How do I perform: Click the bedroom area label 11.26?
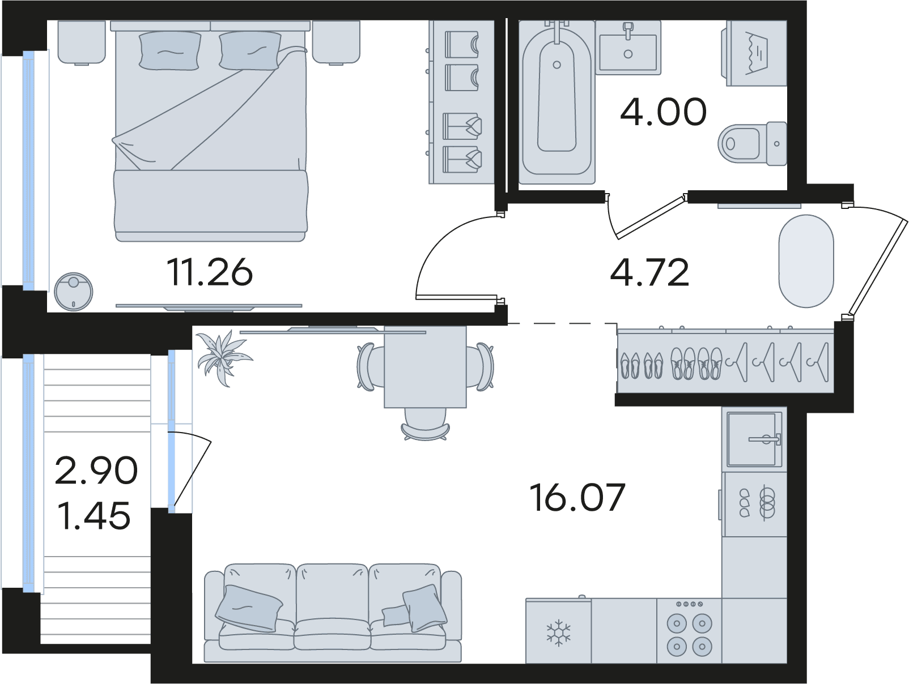pos(209,272)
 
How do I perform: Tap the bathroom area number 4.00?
pos(663,112)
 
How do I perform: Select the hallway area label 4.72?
pos(650,272)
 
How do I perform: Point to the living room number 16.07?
pos(577,498)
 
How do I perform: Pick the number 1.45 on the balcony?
pos(94,515)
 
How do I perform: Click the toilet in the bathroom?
pos(752,144)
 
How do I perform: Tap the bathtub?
pos(557,102)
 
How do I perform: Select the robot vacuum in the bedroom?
pos(73,292)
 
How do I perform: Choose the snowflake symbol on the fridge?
pos(558,632)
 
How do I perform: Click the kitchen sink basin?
pos(754,439)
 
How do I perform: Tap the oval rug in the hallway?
pos(806,261)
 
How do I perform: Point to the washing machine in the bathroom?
pos(754,53)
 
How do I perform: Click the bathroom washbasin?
pos(628,48)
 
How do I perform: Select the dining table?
pos(425,367)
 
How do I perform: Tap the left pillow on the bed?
pos(170,50)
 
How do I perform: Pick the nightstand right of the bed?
pos(336,42)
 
